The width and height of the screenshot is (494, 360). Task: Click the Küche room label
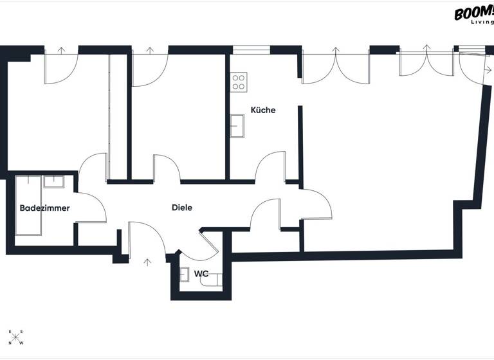coord(263,110)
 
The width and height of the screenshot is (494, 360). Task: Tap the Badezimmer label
coord(44,208)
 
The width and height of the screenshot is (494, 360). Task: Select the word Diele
coord(182,208)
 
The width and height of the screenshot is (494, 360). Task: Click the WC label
coord(201,273)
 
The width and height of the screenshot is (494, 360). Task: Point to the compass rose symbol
coord(16,337)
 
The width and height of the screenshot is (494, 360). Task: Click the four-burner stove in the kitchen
coord(239,82)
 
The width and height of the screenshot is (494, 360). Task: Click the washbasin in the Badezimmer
coord(54,181)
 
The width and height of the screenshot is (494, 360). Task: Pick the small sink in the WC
coord(185,273)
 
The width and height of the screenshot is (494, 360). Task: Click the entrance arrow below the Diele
coord(148,262)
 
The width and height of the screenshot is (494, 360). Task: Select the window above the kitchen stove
coord(251,49)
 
